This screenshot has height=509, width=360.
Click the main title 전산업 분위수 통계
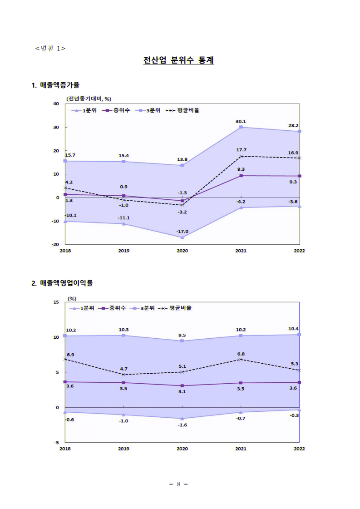click(x=178, y=60)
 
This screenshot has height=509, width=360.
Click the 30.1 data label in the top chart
click(x=241, y=121)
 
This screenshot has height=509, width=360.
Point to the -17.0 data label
click(x=182, y=232)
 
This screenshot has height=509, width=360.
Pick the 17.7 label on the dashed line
click(x=241, y=150)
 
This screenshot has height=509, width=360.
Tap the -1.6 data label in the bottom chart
click(x=182, y=425)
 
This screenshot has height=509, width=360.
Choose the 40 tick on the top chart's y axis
click(x=56, y=104)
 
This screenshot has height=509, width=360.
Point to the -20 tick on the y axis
click(x=55, y=244)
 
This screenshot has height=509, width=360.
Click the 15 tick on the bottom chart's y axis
click(x=56, y=302)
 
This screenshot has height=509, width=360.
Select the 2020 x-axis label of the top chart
click(x=182, y=251)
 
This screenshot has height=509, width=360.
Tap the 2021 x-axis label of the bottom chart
click(x=241, y=449)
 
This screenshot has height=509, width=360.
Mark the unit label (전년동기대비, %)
click(x=89, y=98)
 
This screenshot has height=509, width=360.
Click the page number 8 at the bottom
click(x=178, y=484)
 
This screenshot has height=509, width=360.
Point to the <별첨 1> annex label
click(x=50, y=48)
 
